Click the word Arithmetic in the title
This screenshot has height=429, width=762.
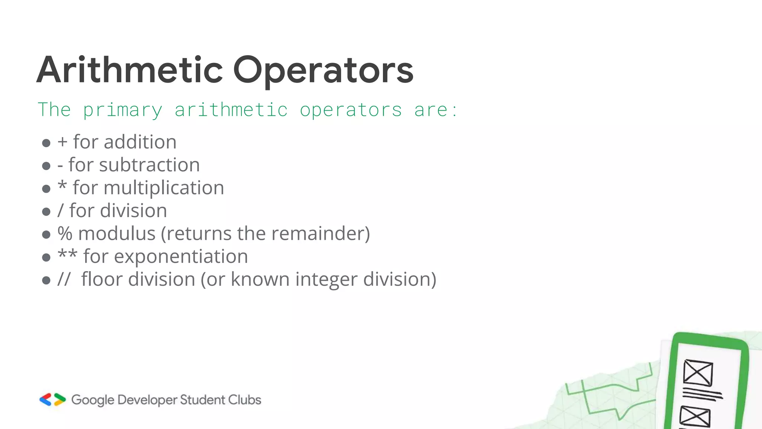129,70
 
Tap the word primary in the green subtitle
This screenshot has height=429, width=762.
122,110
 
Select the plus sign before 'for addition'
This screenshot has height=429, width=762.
63,142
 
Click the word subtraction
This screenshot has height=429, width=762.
149,165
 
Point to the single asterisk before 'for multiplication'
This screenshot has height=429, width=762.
62,185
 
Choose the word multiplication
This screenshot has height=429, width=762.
164,188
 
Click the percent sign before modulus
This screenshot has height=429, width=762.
65,234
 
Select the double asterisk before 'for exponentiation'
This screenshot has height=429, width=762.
67,255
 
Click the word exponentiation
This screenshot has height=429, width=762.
181,257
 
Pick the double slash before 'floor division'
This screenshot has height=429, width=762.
64,280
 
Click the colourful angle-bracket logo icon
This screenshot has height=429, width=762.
52,400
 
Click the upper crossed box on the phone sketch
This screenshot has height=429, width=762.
698,373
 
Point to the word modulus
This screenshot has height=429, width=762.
116,234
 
